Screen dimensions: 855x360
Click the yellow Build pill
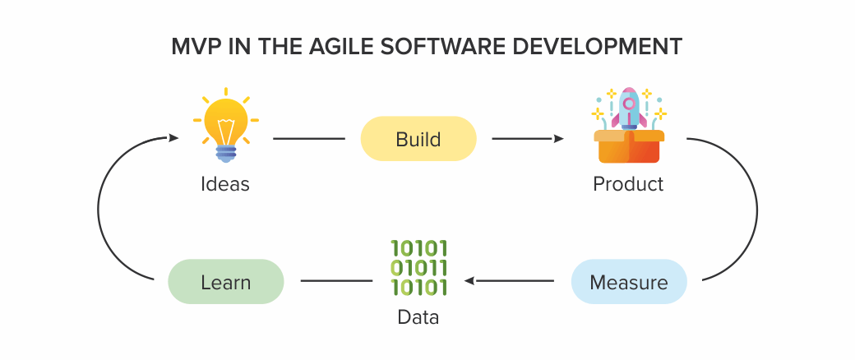[418, 139]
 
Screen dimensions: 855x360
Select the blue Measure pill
[629, 281]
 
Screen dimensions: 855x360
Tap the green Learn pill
[226, 281]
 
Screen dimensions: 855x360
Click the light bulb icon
[226, 125]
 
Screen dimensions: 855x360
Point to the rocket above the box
[629, 108]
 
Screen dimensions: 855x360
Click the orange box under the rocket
[629, 146]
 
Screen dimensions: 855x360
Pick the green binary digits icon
[418, 268]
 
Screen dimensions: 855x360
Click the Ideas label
[225, 184]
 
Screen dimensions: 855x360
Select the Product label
[628, 184]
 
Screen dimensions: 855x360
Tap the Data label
[418, 317]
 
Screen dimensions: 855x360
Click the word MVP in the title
[195, 47]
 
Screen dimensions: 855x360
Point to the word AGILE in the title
[341, 47]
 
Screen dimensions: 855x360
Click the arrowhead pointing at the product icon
[558, 139]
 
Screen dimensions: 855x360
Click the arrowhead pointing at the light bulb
[173, 138]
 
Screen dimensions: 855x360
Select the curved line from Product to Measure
[757, 210]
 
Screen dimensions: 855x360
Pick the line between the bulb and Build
[308, 139]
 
